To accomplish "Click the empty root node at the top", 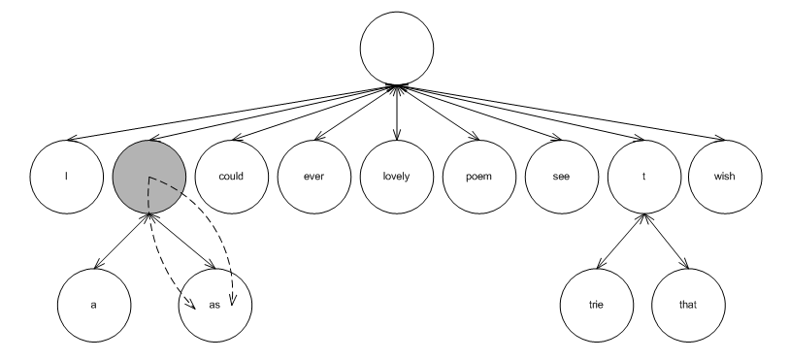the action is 397,49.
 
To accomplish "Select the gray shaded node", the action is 149,177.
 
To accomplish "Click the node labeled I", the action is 67,177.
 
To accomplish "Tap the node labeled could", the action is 232,177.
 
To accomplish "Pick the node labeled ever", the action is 314,177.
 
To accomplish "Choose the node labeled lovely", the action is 397,177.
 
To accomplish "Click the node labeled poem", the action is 479,177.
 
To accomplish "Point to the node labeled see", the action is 562,177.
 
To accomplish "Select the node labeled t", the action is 644,177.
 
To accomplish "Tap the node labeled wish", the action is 725,177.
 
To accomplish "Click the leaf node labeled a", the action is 94,306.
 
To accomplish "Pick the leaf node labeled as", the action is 215,306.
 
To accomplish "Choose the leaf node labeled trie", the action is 597,306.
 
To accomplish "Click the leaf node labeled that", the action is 688,306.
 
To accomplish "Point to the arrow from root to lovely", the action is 397,113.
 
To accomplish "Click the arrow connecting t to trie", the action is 621,241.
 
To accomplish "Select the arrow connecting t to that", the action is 666,241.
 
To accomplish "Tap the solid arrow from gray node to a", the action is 121,241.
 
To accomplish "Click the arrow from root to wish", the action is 561,113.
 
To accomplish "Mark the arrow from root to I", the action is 232,113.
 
